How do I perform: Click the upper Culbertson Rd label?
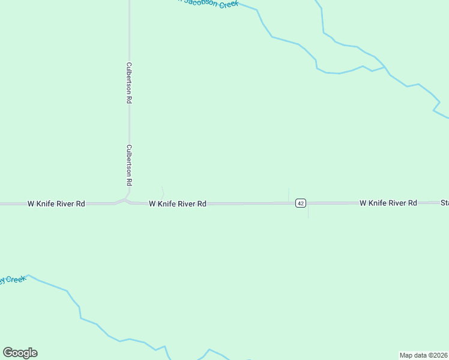[x=129, y=83]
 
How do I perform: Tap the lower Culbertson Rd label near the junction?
[x=129, y=165]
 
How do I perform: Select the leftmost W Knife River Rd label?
[x=56, y=204]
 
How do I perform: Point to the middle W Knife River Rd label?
[x=178, y=204]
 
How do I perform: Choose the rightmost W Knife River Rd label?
[x=388, y=203]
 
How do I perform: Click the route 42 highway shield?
[x=301, y=203]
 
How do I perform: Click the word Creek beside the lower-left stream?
[x=16, y=280]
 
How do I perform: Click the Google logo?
[x=20, y=353]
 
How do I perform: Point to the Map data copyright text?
[x=424, y=355]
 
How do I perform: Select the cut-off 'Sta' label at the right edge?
[x=444, y=203]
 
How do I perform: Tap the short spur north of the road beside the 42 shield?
[x=289, y=194]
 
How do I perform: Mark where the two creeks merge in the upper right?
[x=385, y=67]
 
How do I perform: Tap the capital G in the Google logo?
[x=8, y=352]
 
